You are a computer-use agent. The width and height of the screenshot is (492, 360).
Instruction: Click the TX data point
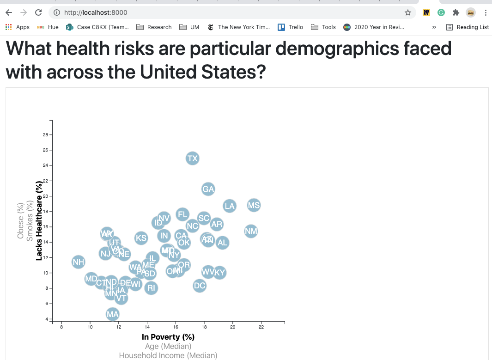tap(192, 159)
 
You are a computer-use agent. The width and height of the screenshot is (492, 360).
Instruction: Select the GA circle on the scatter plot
tap(208, 189)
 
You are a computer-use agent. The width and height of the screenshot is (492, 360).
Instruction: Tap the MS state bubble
tap(254, 205)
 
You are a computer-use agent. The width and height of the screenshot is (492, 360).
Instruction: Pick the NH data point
tap(79, 262)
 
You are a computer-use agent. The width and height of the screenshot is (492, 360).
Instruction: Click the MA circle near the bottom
tap(113, 315)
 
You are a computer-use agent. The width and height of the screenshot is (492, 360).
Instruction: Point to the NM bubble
tap(251, 231)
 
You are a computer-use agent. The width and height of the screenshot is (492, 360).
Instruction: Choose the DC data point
tap(200, 286)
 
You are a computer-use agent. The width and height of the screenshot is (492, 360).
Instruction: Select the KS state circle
tap(141, 238)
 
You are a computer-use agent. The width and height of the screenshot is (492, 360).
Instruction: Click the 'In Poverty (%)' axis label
tap(168, 337)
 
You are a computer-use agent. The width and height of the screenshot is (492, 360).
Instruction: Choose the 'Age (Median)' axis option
tap(168, 346)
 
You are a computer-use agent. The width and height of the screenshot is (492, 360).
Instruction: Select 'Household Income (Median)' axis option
tap(168, 355)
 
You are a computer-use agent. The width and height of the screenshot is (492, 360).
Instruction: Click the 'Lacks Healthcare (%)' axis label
tap(39, 221)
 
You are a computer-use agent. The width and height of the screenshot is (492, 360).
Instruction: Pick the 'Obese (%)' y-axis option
tap(20, 221)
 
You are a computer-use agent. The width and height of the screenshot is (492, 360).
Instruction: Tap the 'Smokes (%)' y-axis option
tap(30, 221)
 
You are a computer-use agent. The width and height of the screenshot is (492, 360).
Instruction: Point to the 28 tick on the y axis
tap(46, 135)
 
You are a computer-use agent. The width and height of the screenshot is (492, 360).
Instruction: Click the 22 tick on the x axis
tap(261, 327)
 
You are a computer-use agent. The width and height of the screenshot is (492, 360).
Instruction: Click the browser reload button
tap(38, 12)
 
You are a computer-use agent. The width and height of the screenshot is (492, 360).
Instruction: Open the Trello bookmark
tap(291, 27)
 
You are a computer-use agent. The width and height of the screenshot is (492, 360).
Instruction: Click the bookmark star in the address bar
tap(407, 12)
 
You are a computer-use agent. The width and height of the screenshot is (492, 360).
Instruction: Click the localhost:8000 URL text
tap(96, 12)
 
